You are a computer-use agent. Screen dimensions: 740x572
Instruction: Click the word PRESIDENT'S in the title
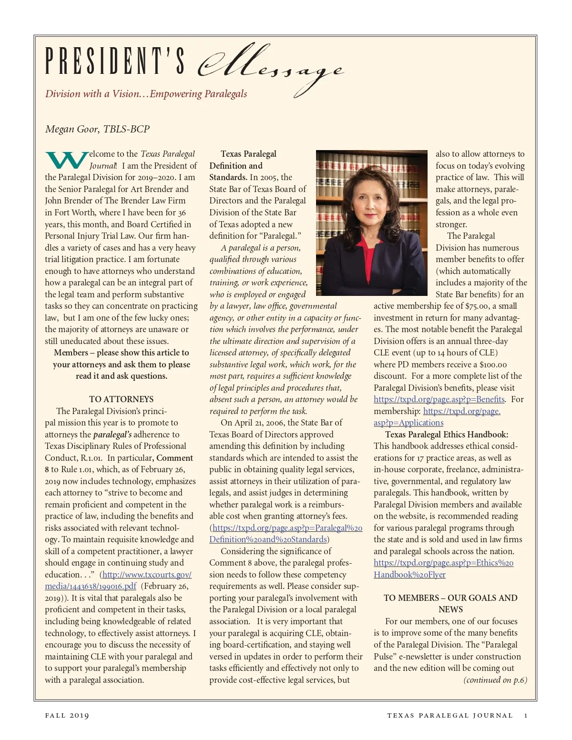114,62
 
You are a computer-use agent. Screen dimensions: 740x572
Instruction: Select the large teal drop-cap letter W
66,161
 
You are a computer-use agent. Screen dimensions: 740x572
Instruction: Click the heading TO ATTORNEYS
121,399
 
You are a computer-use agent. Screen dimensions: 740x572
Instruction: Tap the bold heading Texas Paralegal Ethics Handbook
447,435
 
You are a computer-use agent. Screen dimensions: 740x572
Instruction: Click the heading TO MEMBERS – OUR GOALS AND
450,598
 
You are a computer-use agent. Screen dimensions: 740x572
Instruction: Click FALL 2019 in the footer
67,715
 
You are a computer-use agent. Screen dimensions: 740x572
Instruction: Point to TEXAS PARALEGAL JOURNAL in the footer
449,715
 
